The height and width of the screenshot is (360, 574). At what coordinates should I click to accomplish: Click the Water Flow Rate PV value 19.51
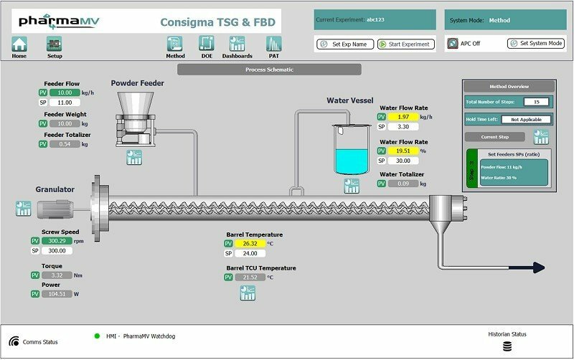(x=403, y=151)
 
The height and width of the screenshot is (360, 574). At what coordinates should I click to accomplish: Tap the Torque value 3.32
(x=60, y=275)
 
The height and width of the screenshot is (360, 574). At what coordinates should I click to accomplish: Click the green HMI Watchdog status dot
(x=97, y=336)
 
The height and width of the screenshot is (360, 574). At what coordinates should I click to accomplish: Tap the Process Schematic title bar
(x=265, y=70)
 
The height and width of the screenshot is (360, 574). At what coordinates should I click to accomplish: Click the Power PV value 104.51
(x=60, y=293)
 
